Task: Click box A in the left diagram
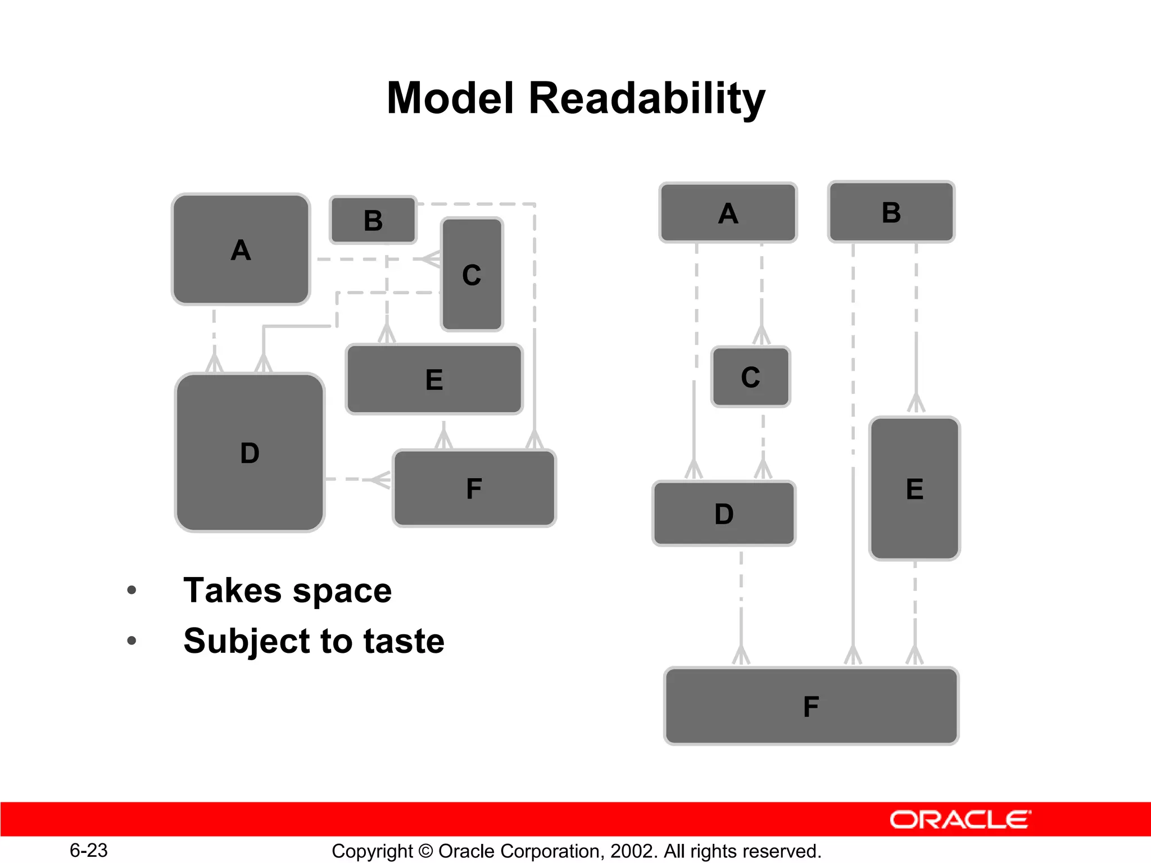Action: pyautogui.click(x=241, y=249)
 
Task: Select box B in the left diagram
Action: pyautogui.click(x=373, y=220)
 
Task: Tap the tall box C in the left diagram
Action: pyautogui.click(x=472, y=274)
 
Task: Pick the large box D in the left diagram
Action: pyautogui.click(x=250, y=452)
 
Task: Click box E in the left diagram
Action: pyautogui.click(x=434, y=379)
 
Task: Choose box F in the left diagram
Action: pyautogui.click(x=474, y=488)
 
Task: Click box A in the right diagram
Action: pyautogui.click(x=728, y=213)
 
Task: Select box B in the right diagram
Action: pyautogui.click(x=891, y=212)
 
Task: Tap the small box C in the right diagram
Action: pyautogui.click(x=750, y=377)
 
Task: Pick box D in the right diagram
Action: pyautogui.click(x=724, y=514)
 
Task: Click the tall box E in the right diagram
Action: pyautogui.click(x=914, y=488)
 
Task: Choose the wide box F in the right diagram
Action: pyautogui.click(x=811, y=706)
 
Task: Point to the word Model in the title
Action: pyautogui.click(x=450, y=98)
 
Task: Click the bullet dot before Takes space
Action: pyautogui.click(x=132, y=590)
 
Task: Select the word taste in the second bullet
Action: pyautogui.click(x=404, y=641)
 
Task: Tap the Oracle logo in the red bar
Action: pyautogui.click(x=960, y=820)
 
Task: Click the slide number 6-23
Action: pyautogui.click(x=89, y=850)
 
